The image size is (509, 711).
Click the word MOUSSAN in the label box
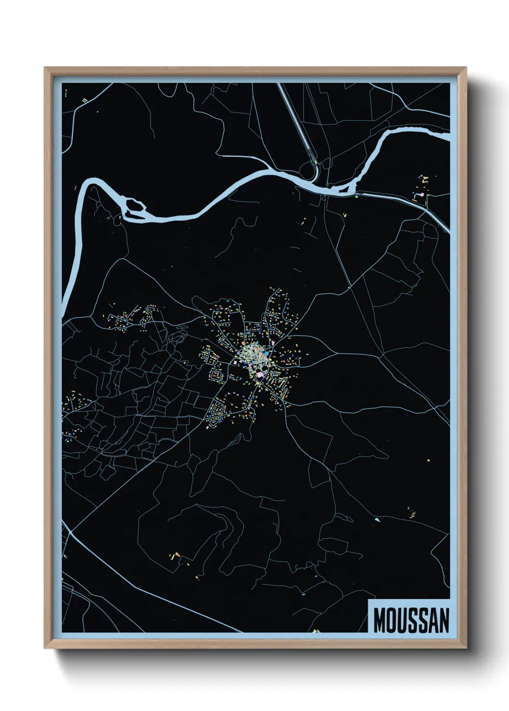click(411, 620)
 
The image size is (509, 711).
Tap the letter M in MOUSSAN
click(380, 620)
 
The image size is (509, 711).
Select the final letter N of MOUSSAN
click(444, 620)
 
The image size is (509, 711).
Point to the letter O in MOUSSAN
click(391, 620)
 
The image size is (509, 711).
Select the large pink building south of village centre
click(260, 374)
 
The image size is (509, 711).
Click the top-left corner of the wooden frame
click(45, 68)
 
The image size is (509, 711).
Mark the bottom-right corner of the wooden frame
click(466, 648)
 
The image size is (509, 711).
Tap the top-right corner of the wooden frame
click(466, 68)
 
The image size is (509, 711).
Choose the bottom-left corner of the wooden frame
click(45, 648)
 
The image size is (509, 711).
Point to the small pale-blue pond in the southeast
click(376, 519)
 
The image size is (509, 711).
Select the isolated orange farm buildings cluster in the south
click(175, 556)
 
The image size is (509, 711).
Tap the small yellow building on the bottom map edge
click(315, 631)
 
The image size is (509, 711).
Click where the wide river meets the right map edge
click(449, 136)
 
